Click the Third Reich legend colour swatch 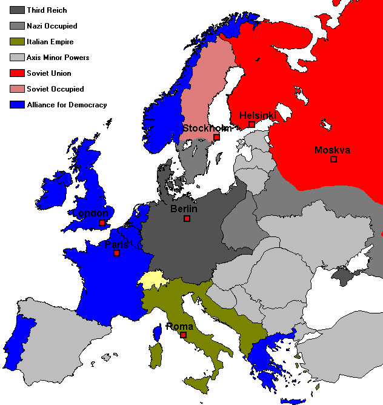click(16, 10)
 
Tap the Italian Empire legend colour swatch click(16, 42)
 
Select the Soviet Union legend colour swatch click(16, 73)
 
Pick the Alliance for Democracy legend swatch click(16, 105)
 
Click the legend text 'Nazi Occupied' click(52, 26)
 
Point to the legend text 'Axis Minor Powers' click(58, 58)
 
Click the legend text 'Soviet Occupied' click(55, 89)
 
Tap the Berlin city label click(184, 209)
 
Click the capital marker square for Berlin click(187, 218)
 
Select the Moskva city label click(332, 150)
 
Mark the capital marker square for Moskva click(333, 159)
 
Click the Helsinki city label click(258, 115)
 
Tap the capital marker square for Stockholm click(216, 137)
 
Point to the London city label click(91, 213)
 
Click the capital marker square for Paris click(117, 253)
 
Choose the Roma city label click(180, 327)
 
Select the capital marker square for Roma click(183, 335)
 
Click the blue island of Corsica click(157, 332)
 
